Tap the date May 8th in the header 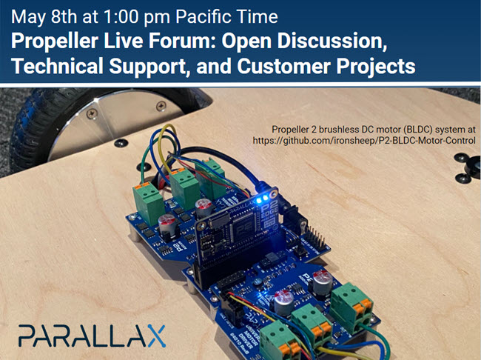36,13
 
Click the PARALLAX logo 92,335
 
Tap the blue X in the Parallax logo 153,335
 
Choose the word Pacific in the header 182,13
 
